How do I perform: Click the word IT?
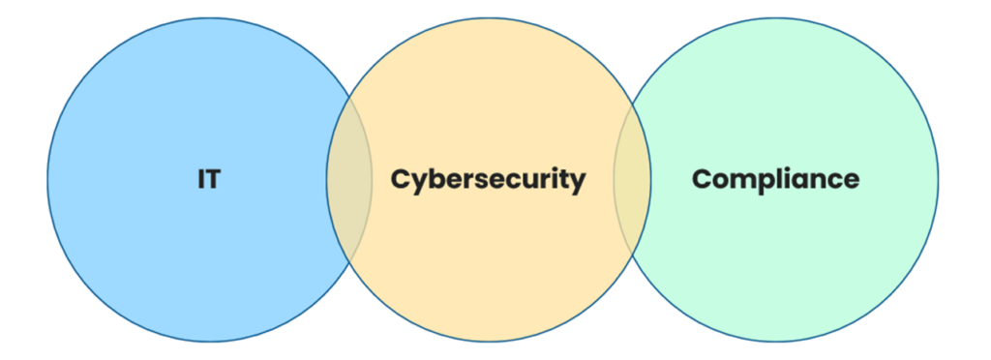tap(208, 180)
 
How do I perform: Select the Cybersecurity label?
tap(488, 180)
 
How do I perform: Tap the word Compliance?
tap(775, 179)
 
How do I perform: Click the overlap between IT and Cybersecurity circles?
tap(349, 180)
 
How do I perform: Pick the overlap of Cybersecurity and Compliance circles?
tap(632, 180)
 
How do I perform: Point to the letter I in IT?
tap(201, 180)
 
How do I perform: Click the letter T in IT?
tap(213, 180)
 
